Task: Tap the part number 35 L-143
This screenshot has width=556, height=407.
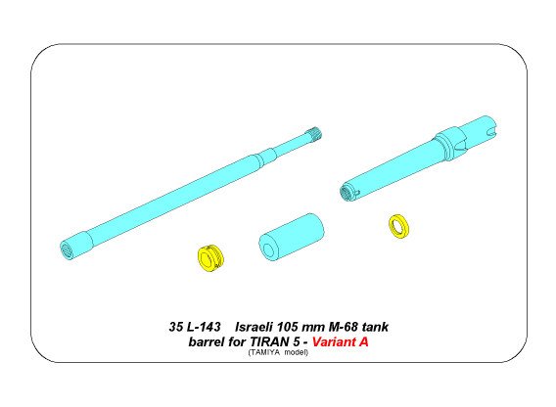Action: (189, 325)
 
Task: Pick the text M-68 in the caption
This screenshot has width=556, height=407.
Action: (350, 325)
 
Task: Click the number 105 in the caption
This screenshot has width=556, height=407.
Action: (299, 325)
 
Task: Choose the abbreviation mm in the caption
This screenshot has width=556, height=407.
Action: (323, 325)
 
